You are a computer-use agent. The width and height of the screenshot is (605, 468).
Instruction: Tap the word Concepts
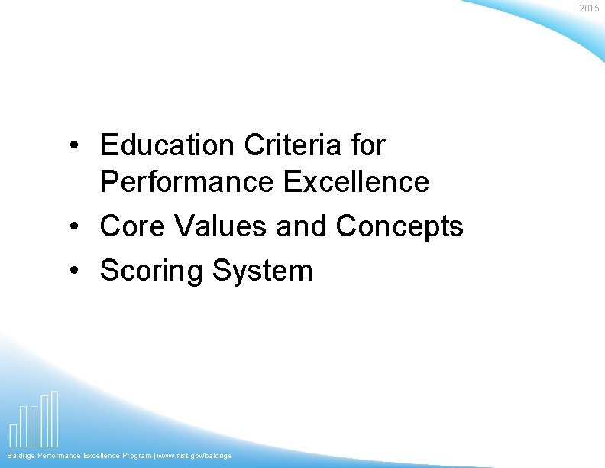coord(400,227)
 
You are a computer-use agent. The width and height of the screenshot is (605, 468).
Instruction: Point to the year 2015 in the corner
coord(590,8)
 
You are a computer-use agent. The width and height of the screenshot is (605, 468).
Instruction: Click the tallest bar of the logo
coord(55,418)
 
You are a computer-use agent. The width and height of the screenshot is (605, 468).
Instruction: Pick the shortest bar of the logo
coord(14,434)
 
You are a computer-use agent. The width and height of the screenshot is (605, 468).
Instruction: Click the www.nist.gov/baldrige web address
coord(195,456)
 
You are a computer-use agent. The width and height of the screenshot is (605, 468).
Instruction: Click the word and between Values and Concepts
coord(302,226)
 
